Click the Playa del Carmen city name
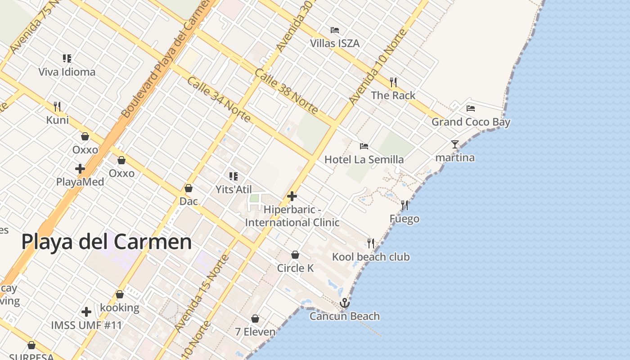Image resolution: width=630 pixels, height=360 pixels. coord(107,242)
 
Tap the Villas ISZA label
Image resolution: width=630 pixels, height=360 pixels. coord(335,43)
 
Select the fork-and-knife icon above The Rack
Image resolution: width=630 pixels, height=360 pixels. coord(393,82)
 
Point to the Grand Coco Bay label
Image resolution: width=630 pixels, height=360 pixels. coord(471,122)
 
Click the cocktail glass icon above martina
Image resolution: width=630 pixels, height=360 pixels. coord(455,144)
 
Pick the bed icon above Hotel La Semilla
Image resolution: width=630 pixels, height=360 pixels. coord(364,146)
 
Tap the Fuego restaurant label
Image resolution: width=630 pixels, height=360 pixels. coord(404,219)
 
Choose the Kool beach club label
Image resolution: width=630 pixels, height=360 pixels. coord(371,257)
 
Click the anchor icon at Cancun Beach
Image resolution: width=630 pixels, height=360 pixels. coord(345,303)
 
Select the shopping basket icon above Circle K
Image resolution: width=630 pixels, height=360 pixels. coord(295,255)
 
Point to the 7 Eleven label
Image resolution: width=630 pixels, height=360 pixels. coord(255,332)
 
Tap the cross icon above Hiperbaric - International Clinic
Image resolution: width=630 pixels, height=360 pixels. coord(292,196)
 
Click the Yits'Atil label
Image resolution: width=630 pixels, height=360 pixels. coord(234,189)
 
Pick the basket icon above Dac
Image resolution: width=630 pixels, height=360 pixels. coord(189,188)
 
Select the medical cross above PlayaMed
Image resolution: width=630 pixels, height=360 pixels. coord(80,169)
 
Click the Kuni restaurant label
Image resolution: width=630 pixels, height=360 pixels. coord(58,120)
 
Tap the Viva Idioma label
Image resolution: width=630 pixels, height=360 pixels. coord(67,72)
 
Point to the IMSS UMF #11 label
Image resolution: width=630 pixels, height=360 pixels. coord(86,325)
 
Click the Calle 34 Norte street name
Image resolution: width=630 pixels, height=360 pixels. coord(219,99)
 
